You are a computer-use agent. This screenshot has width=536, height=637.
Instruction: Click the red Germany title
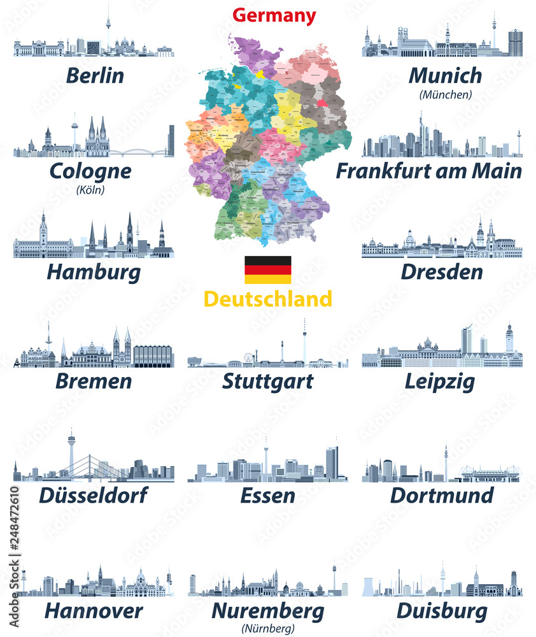click(274, 15)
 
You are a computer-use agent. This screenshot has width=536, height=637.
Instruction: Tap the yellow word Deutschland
click(267, 298)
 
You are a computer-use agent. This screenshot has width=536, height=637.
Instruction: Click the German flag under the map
click(268, 269)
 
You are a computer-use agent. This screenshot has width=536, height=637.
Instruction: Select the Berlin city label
click(94, 75)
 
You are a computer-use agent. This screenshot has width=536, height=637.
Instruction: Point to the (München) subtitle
click(446, 95)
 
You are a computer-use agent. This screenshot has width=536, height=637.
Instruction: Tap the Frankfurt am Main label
click(429, 171)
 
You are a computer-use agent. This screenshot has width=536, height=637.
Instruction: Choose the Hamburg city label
click(94, 273)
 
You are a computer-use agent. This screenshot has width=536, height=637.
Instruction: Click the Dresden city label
click(442, 272)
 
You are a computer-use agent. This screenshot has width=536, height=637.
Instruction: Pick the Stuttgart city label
click(268, 381)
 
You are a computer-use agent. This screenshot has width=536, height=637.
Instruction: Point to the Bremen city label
click(94, 381)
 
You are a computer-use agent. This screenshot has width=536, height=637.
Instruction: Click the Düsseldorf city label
click(94, 495)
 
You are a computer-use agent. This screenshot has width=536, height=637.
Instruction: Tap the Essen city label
click(268, 495)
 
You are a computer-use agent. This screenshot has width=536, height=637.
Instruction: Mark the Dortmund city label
click(442, 495)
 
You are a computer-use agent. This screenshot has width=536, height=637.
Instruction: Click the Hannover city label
click(94, 611)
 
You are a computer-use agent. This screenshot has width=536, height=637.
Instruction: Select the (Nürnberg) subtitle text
click(268, 629)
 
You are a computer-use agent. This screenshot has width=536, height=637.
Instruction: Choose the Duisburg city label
click(442, 611)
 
